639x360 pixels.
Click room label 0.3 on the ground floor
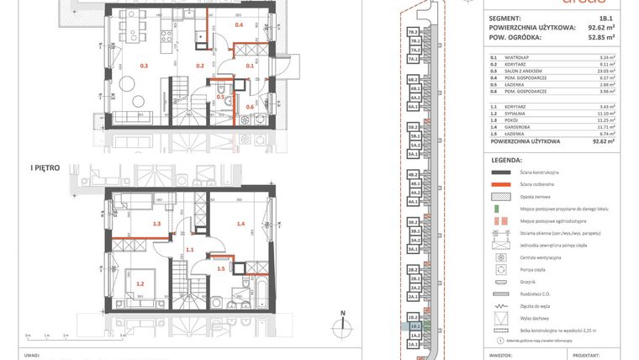click(x=144, y=65)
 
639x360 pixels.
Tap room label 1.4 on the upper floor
click(x=240, y=224)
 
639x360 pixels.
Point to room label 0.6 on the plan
click(x=250, y=107)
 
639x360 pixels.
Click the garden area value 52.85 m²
click(x=599, y=37)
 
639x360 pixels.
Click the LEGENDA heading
click(x=508, y=159)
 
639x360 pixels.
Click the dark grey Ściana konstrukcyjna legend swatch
click(x=501, y=172)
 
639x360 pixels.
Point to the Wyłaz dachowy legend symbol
click(x=501, y=319)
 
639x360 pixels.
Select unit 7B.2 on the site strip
click(x=413, y=32)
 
